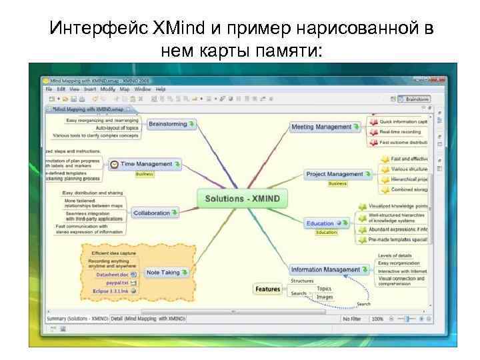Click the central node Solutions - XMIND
click(x=242, y=199)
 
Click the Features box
click(x=267, y=289)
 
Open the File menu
click(x=49, y=89)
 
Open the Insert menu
click(x=90, y=89)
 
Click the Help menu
click(x=161, y=89)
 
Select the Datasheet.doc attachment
click(x=111, y=274)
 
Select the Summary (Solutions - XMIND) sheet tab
click(x=77, y=319)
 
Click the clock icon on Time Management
click(x=114, y=164)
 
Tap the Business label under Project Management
click(x=337, y=183)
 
